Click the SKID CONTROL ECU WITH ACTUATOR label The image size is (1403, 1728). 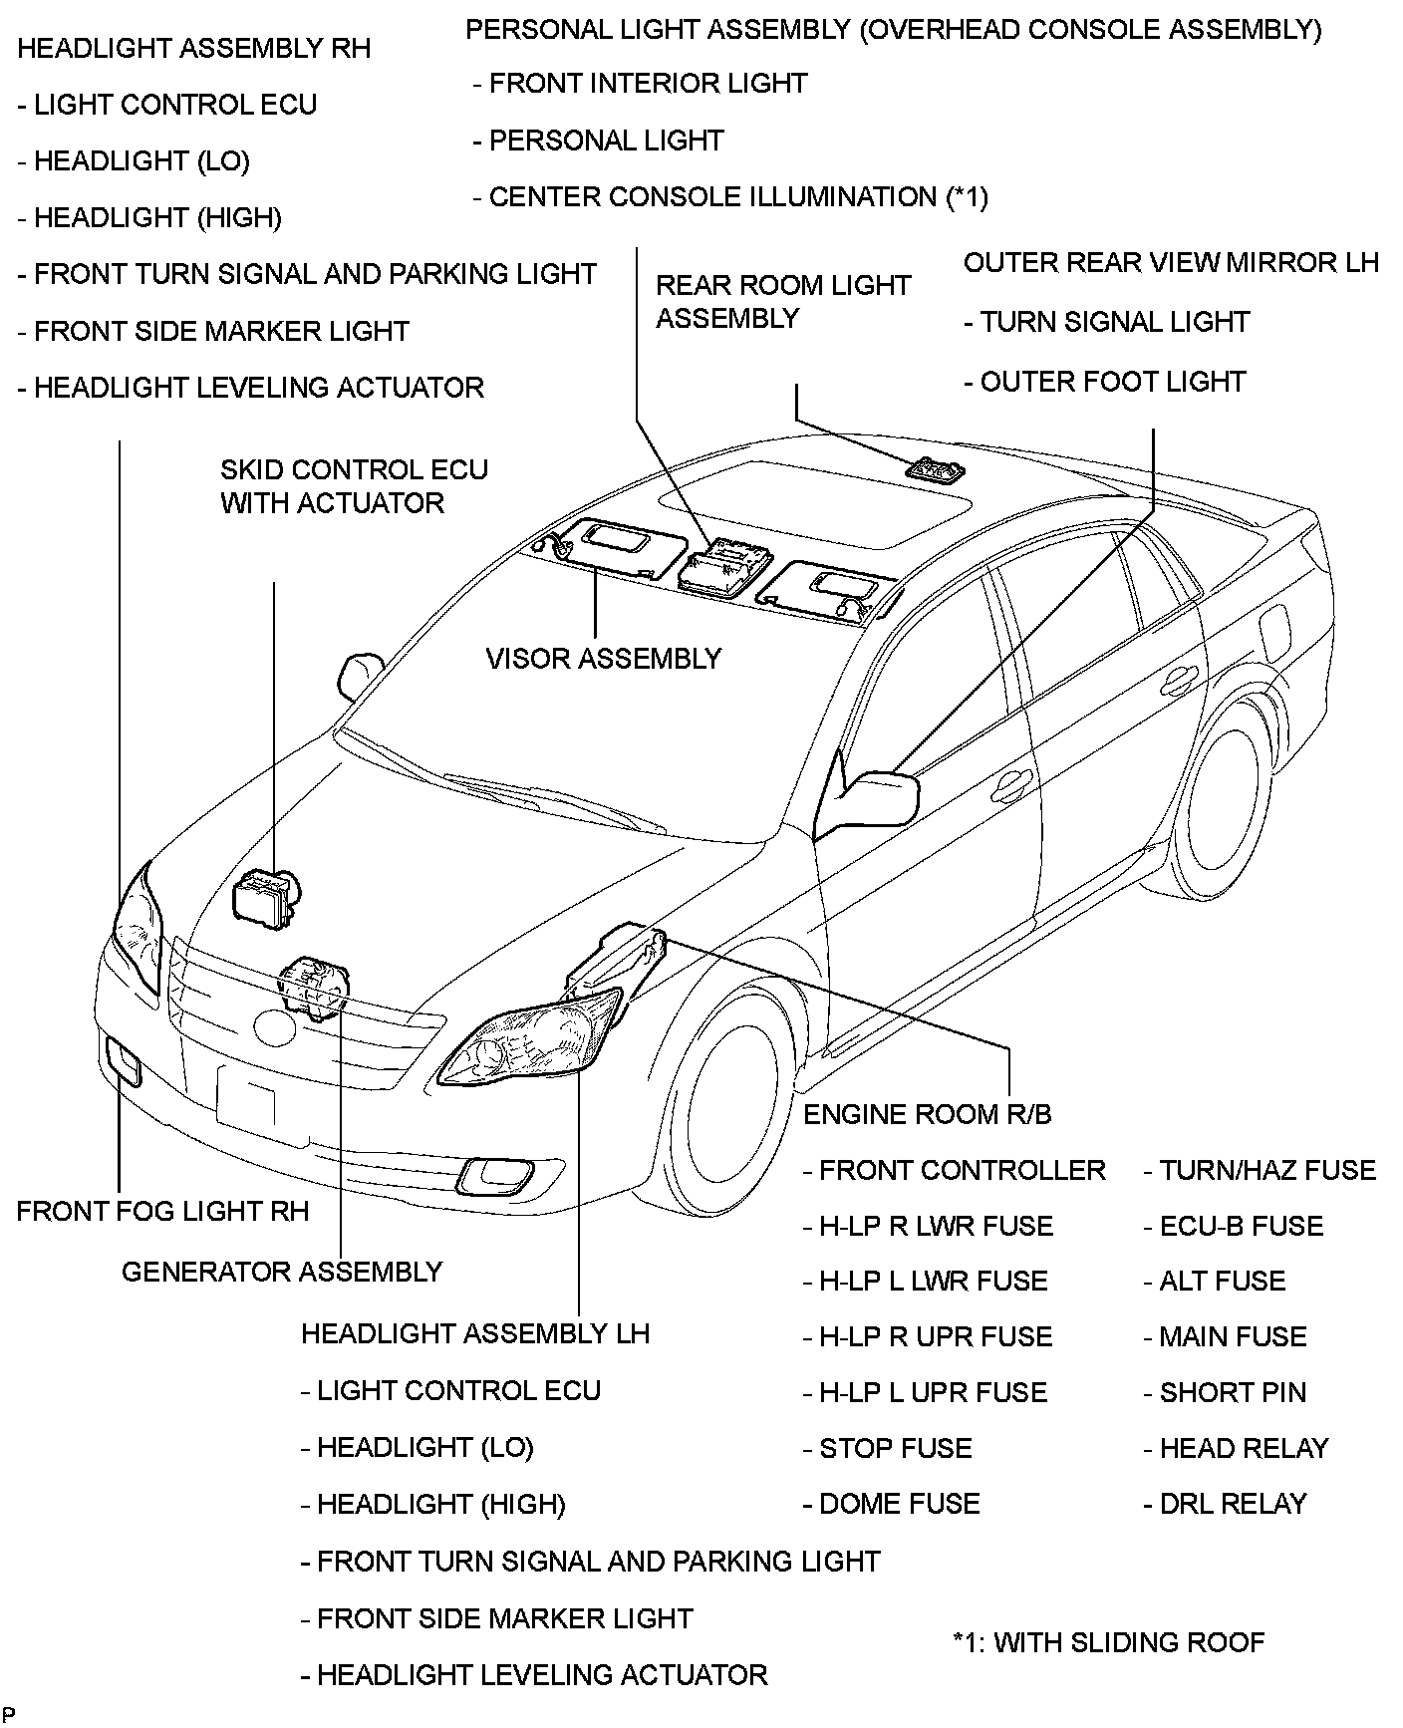[x=354, y=486]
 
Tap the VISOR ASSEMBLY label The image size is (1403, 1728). [x=603, y=659]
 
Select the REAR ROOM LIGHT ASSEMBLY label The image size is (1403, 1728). [x=782, y=301]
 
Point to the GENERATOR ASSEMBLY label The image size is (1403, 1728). [x=282, y=1272]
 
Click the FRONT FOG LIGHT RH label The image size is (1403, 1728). [x=162, y=1211]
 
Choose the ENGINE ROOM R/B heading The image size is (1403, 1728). [x=927, y=1114]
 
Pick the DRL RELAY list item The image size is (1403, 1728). [x=1225, y=1504]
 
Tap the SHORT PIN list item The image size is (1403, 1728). [x=1225, y=1392]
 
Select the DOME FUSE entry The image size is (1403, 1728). [x=892, y=1504]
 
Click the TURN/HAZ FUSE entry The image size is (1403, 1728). [x=1260, y=1170]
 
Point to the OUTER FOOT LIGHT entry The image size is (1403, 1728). [x=1105, y=382]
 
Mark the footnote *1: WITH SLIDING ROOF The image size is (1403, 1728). [x=1108, y=1642]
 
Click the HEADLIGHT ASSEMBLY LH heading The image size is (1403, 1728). [x=475, y=1333]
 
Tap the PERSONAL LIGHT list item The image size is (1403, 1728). [x=598, y=141]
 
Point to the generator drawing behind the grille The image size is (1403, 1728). [x=314, y=987]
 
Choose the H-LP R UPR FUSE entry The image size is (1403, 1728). [x=928, y=1336]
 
